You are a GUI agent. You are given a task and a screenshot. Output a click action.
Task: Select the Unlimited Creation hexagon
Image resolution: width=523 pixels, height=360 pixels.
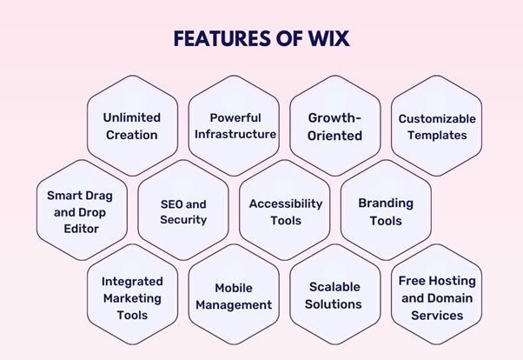pyautogui.click(x=131, y=126)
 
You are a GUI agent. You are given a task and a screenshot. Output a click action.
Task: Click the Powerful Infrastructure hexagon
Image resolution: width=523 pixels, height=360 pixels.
pyautogui.click(x=235, y=126)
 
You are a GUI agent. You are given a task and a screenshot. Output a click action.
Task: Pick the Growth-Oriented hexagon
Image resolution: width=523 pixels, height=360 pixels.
pyautogui.click(x=334, y=126)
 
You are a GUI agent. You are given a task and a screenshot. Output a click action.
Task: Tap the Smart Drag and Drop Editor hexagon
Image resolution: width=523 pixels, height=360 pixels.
pyautogui.click(x=80, y=211)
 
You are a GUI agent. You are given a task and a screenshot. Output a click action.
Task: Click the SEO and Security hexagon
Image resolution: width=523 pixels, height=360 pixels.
pyautogui.click(x=183, y=211)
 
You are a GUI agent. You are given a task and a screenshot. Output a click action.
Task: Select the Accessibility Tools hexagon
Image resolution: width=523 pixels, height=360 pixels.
pyautogui.click(x=285, y=211)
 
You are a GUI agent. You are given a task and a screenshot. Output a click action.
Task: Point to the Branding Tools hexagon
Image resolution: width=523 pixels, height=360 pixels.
pyautogui.click(x=386, y=211)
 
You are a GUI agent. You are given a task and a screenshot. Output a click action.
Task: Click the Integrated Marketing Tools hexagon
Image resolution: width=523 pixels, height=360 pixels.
pyautogui.click(x=131, y=297)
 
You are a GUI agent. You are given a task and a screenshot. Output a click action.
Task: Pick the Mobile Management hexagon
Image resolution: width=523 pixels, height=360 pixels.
pyautogui.click(x=234, y=297)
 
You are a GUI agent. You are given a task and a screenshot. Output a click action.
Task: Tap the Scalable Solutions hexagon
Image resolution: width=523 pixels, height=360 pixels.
pyautogui.click(x=334, y=297)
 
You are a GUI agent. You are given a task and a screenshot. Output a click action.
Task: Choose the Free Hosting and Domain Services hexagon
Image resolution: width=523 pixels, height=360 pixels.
pyautogui.click(x=436, y=297)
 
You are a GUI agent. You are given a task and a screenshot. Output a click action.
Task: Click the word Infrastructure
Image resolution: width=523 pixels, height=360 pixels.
pyautogui.click(x=235, y=134)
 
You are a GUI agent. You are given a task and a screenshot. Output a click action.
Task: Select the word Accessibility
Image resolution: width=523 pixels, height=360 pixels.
pyautogui.click(x=285, y=203)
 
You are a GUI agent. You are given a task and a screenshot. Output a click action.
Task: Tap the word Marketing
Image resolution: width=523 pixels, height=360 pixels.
pyautogui.click(x=131, y=297)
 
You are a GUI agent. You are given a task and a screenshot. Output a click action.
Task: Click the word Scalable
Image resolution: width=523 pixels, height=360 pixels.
pyautogui.click(x=334, y=288)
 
